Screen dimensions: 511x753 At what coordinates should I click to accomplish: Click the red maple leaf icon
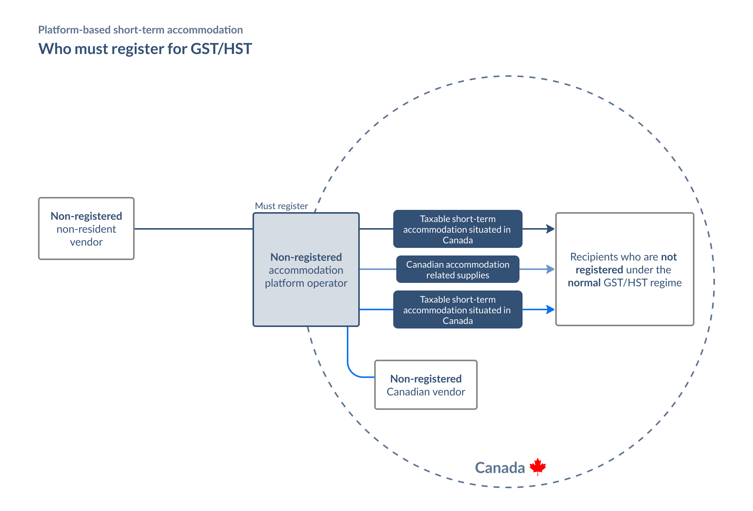pos(537,466)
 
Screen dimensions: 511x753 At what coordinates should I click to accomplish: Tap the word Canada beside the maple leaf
pos(500,468)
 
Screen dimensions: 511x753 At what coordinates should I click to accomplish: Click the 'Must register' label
pos(281,206)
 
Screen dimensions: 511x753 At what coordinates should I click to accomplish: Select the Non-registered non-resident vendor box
pos(86,229)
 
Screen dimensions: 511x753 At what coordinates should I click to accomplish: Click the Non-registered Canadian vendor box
pos(426,385)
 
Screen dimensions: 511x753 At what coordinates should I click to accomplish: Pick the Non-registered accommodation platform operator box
pos(306,270)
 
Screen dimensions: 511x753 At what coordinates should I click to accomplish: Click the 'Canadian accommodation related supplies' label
pos(458,270)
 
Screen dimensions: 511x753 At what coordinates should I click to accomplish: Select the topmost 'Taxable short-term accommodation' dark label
pos(458,229)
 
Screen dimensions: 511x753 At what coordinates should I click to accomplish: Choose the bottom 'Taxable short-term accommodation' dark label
pos(458,310)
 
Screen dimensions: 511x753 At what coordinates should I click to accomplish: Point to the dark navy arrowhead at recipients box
pos(550,229)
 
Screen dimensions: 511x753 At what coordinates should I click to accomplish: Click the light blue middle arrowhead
pos(550,269)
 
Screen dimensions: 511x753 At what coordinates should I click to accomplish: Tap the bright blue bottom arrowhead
pos(550,309)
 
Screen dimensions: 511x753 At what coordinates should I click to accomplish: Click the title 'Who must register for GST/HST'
pos(145,49)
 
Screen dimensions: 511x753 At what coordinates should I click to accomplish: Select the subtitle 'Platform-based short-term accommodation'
pos(140,30)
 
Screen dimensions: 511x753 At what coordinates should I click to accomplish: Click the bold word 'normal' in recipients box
pos(584,283)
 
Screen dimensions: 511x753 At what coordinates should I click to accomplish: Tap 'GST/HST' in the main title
pos(221,49)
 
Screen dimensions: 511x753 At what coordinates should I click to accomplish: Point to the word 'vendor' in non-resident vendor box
pos(86,242)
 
